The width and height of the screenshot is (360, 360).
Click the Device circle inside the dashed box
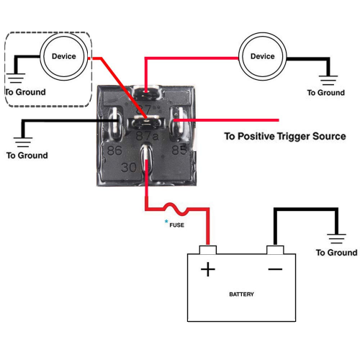point(63,56)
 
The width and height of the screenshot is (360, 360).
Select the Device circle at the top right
point(262,56)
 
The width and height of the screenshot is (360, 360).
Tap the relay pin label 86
point(114,151)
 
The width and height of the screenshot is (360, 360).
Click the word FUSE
point(176,225)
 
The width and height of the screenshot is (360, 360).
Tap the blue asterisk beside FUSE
point(166,222)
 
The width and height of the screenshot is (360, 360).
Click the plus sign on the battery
point(208,270)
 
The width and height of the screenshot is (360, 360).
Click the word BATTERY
point(241,294)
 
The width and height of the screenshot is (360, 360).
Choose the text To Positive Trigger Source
point(285,136)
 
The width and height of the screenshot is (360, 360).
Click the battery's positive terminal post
point(208,250)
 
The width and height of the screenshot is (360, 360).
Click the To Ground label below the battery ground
point(336,253)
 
